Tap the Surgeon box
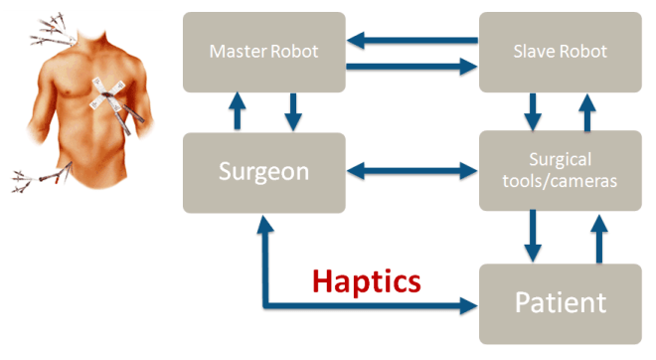[264, 172]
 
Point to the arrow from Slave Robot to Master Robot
[411, 41]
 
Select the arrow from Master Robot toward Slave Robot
[411, 67]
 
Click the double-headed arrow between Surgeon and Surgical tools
[411, 172]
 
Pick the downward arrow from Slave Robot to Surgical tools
[533, 111]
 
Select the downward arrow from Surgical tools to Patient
[533, 237]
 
